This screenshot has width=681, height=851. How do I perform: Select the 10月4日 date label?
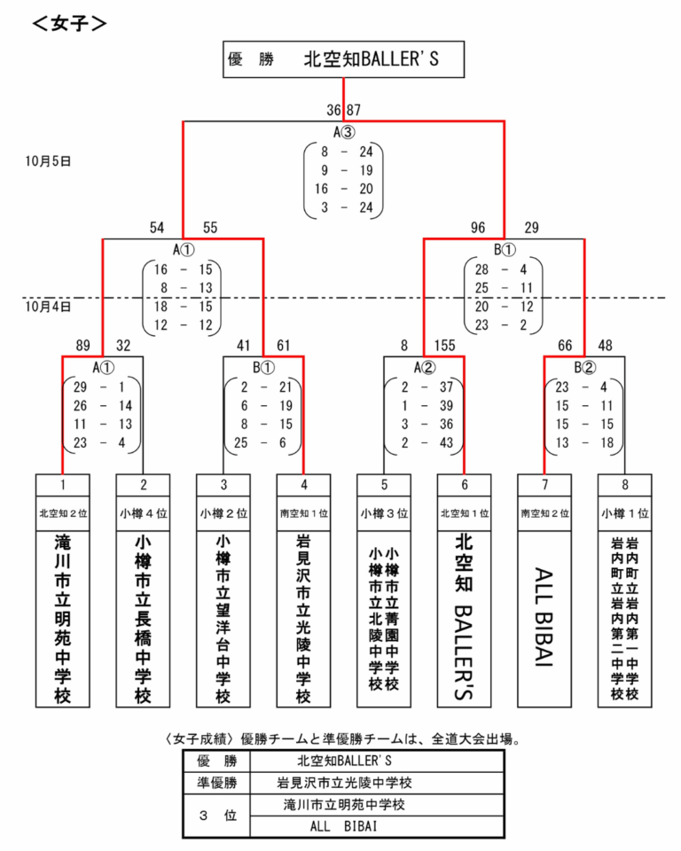coord(48,306)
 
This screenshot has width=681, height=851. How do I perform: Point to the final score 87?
coord(354,110)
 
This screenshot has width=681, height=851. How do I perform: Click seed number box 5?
coord(384,484)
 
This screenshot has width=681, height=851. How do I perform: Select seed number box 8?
coord(624,484)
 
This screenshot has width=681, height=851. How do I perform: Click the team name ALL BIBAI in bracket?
coord(544,618)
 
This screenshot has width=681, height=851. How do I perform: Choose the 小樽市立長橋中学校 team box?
coord(143,618)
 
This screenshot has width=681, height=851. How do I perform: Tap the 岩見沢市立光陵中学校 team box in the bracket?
coord(303,618)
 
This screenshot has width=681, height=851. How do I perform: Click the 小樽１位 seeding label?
coord(624,512)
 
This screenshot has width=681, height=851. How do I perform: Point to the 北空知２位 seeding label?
coord(63,512)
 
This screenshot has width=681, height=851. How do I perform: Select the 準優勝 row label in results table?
coord(217,783)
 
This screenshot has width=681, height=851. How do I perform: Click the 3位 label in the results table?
coord(217,816)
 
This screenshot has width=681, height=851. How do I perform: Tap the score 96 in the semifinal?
coord(479,228)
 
